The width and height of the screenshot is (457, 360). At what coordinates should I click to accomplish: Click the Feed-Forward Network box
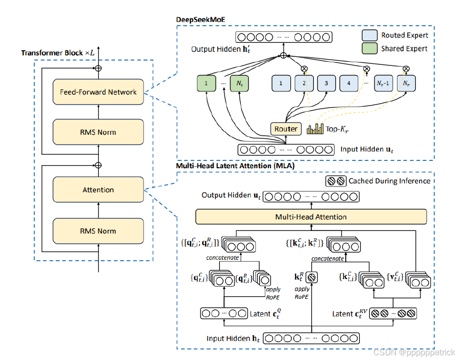tap(98, 92)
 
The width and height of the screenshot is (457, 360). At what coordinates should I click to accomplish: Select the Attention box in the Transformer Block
tap(98, 190)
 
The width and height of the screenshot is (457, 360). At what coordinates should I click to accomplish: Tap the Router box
tap(286, 129)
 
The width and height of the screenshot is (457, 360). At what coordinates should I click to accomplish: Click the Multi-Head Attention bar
tap(311, 216)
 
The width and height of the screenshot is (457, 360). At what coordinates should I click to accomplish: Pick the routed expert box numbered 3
tap(326, 83)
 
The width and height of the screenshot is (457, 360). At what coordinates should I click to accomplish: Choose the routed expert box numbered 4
tap(348, 83)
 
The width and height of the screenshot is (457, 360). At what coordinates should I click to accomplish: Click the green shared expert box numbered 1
tap(206, 83)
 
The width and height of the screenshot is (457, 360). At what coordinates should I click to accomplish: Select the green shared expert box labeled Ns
tap(240, 83)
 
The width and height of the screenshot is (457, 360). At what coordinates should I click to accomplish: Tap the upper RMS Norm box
tap(98, 132)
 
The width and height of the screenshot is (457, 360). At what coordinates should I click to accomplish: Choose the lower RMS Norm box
tap(98, 231)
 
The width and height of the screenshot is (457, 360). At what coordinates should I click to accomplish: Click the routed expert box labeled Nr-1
tap(383, 83)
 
